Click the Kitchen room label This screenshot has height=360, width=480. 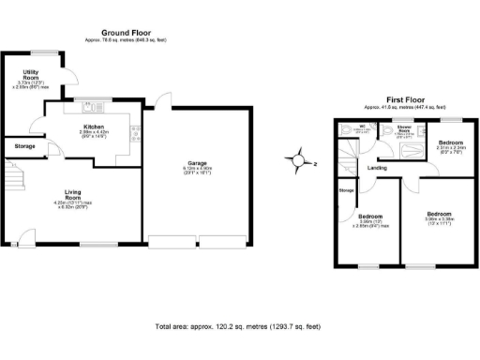pyautogui.click(x=93, y=127)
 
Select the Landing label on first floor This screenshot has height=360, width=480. pyautogui.click(x=378, y=168)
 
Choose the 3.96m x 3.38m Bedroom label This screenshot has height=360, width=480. pyautogui.click(x=440, y=213)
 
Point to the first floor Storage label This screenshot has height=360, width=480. pyautogui.click(x=347, y=191)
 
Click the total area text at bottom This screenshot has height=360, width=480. pyautogui.click(x=237, y=326)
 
